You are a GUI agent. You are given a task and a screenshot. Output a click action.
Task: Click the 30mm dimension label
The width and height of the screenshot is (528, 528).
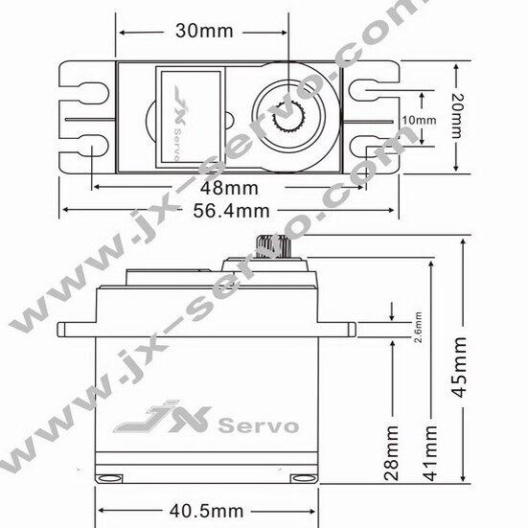(x=204, y=31)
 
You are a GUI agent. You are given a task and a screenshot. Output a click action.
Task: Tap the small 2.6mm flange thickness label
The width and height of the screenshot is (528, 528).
(x=417, y=326)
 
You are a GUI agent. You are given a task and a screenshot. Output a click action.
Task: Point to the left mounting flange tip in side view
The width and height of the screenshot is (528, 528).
(x=61, y=329)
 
